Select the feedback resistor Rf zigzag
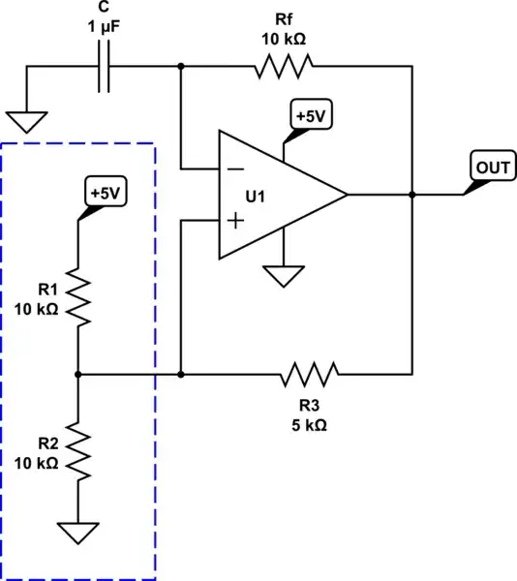click(284, 66)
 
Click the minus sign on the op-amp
click(233, 168)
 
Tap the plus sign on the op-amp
click(233, 221)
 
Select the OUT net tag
click(492, 168)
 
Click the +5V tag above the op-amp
click(310, 116)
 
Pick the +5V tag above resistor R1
click(105, 192)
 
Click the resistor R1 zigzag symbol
click(76, 299)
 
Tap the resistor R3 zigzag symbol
click(309, 374)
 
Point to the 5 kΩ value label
click(309, 426)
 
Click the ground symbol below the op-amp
click(284, 277)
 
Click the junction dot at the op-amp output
click(412, 195)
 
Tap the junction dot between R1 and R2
click(76, 374)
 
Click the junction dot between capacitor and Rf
click(181, 66)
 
